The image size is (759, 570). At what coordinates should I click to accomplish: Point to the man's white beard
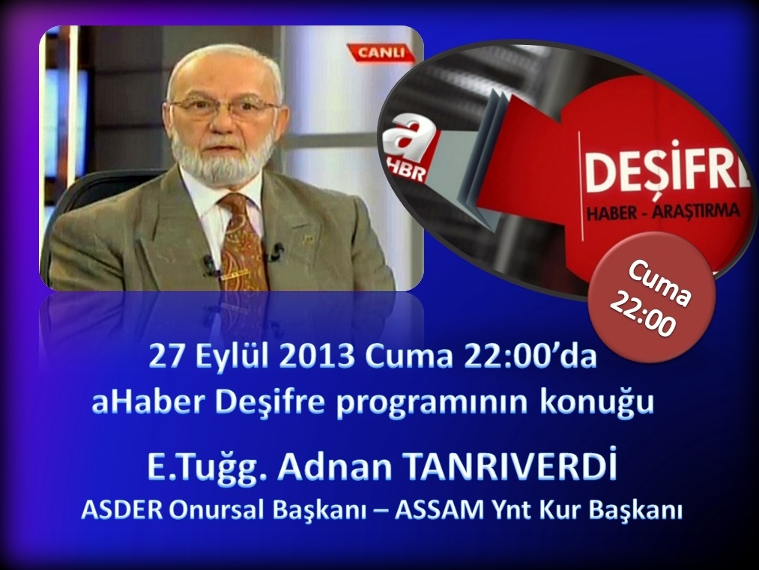coord(223,154)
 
